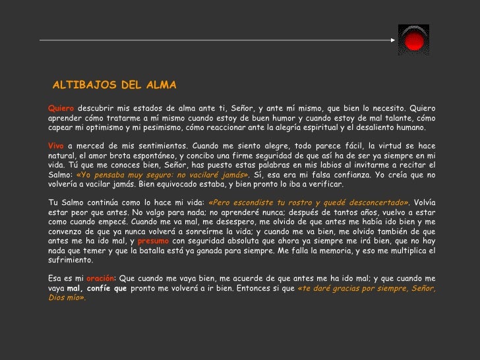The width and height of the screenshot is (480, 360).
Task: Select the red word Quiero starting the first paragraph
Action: point(61,108)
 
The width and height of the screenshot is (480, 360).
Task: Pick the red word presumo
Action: point(153,241)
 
